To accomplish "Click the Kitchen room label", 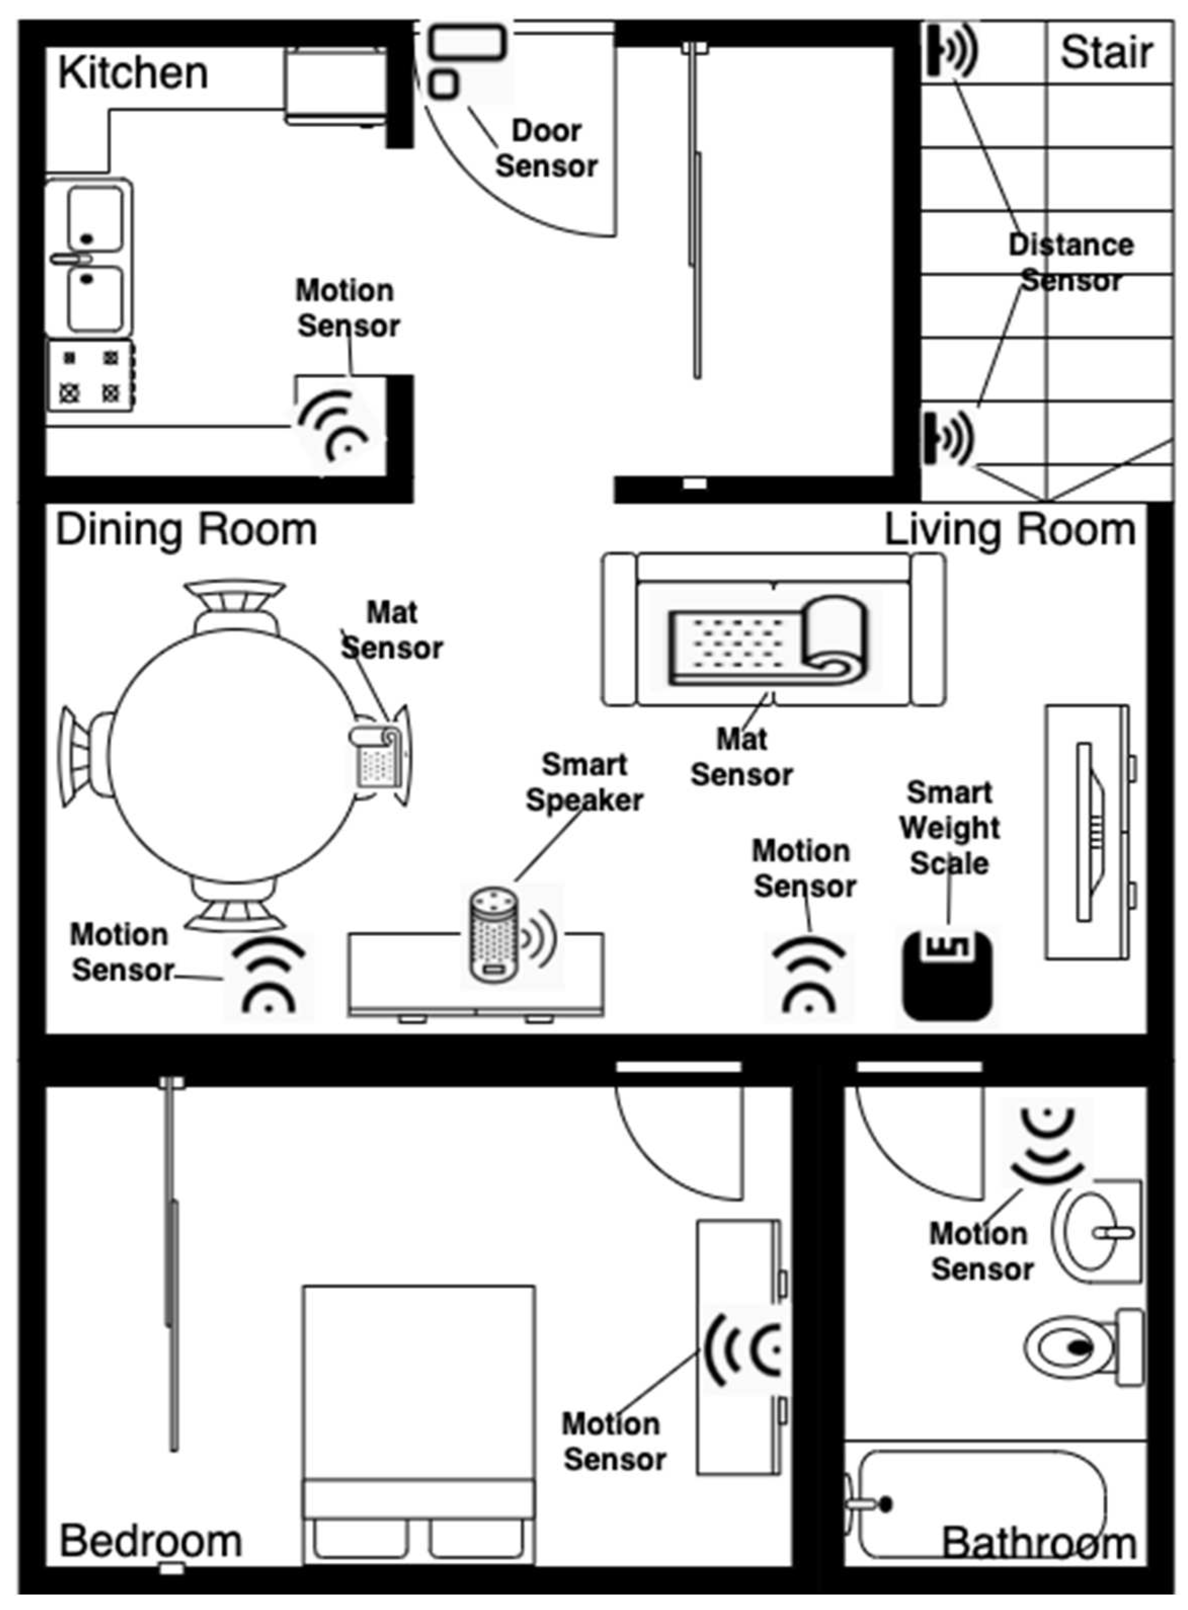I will (133, 73).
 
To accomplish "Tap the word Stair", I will (1106, 53).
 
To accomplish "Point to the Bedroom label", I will (150, 1541).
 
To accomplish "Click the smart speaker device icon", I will (495, 934).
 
